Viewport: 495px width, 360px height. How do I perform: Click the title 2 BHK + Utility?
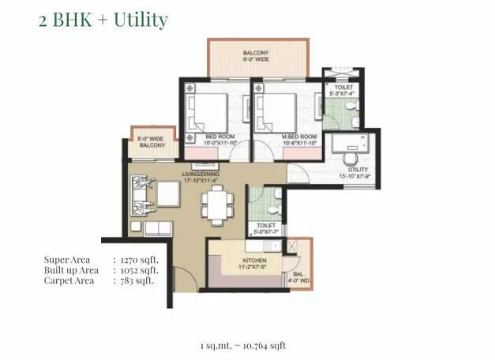(93, 21)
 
